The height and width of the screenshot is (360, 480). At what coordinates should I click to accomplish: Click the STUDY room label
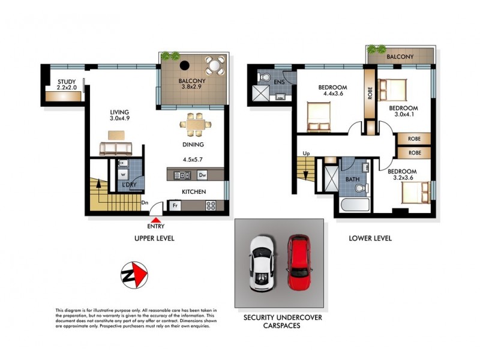pos(66,82)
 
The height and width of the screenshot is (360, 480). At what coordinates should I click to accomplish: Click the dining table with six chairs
pos(196,124)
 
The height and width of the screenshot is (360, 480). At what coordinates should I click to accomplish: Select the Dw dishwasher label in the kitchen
pos(202,175)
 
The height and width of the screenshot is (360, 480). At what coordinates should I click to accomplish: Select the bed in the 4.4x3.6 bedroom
pos(317,115)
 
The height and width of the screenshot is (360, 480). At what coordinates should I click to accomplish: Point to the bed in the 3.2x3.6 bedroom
pos(413,193)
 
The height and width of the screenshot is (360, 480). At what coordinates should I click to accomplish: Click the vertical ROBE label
pos(370,95)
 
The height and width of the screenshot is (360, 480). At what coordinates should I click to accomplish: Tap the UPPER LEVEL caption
pos(154,238)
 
